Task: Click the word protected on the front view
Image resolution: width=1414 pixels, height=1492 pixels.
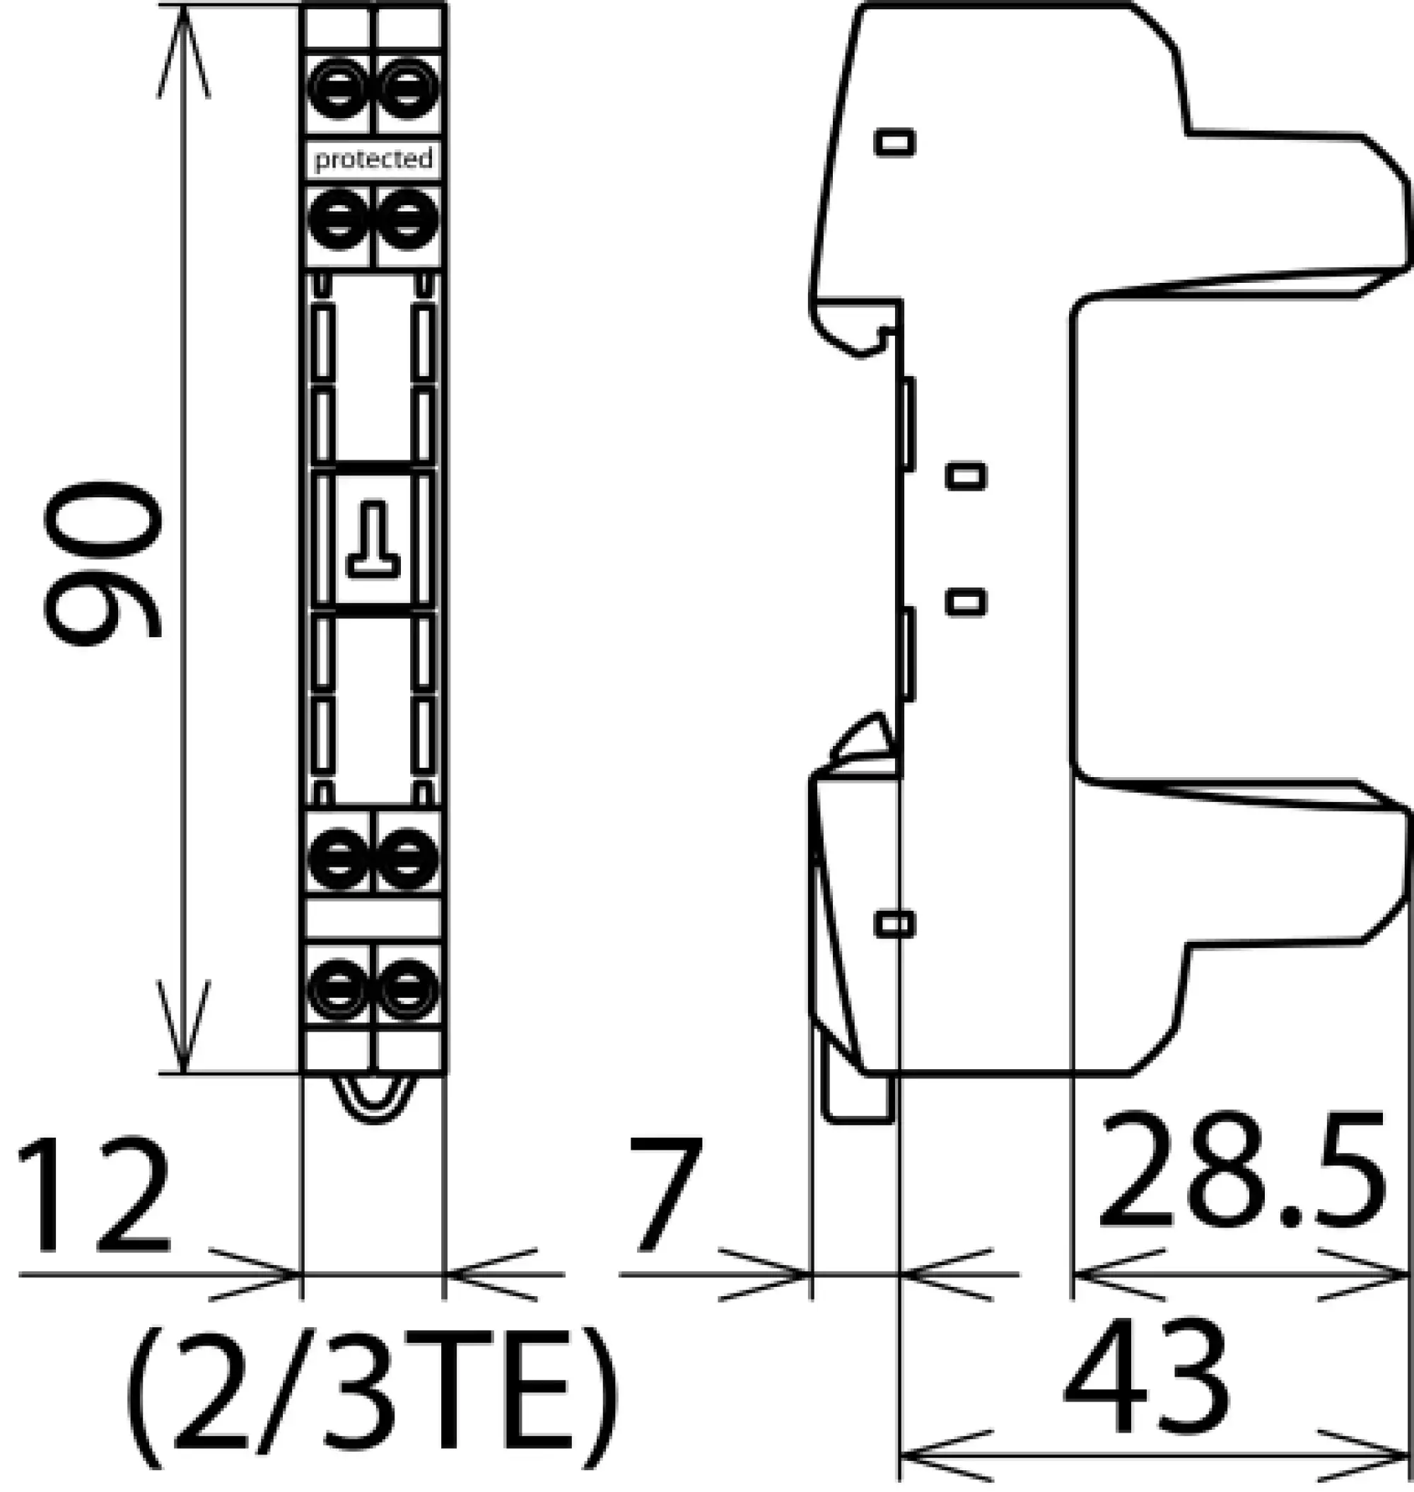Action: click(374, 159)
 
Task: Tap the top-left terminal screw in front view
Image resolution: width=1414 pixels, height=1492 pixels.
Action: click(339, 91)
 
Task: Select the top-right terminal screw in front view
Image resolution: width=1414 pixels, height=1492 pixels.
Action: click(409, 91)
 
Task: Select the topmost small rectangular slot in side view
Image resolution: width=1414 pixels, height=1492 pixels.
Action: click(894, 141)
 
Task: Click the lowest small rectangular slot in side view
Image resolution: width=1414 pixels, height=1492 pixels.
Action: click(894, 924)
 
